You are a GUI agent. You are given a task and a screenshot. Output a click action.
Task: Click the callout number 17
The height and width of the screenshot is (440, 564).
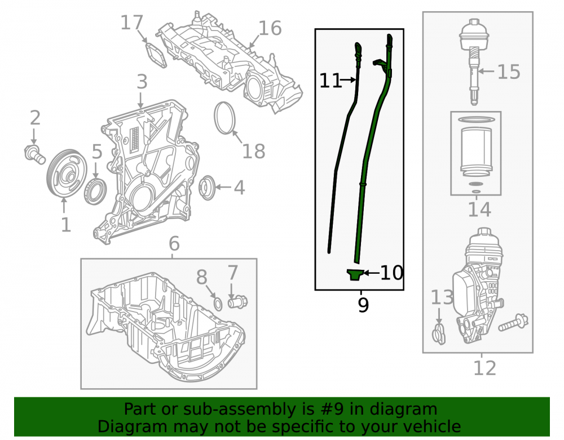(131, 23)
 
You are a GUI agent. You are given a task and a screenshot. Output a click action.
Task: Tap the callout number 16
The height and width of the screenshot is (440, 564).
(270, 28)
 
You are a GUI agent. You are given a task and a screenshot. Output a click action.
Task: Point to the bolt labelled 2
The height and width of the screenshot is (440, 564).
(34, 154)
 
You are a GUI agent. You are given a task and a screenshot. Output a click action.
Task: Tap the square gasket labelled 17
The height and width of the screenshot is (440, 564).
(156, 55)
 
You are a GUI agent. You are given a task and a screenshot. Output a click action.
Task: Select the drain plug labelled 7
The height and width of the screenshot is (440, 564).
(238, 301)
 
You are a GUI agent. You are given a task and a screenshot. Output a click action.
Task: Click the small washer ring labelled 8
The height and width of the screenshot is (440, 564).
(218, 304)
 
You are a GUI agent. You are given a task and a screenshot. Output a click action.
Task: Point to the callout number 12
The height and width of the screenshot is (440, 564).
(484, 368)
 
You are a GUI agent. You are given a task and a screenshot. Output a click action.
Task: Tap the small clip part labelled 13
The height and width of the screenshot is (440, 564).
(439, 334)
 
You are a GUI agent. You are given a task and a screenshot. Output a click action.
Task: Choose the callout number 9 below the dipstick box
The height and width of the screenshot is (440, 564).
(363, 305)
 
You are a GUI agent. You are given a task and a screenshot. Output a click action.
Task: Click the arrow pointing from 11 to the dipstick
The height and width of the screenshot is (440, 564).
(348, 80)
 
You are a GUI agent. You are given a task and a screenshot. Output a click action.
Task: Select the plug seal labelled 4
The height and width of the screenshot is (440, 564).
(207, 188)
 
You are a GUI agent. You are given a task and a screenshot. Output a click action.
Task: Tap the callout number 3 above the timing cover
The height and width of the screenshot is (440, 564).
(142, 82)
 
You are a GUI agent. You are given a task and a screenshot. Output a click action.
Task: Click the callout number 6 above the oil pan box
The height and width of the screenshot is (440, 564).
(174, 244)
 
